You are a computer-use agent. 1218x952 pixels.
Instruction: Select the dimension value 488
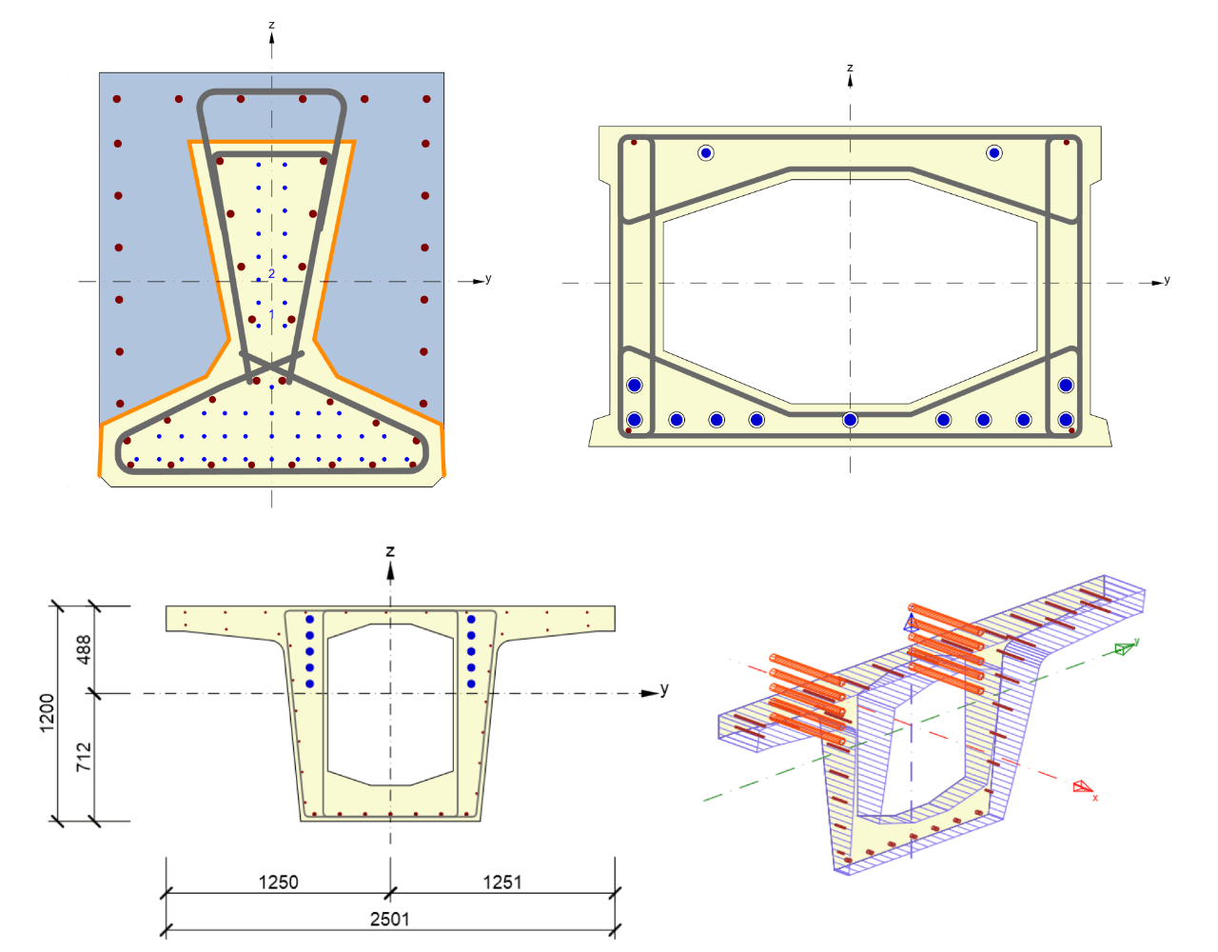point(85,649)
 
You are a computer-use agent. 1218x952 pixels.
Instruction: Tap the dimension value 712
point(85,757)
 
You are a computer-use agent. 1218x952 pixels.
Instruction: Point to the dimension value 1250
point(278,882)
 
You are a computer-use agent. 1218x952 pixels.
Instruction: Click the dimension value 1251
point(501,882)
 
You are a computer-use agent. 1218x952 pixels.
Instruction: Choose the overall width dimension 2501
point(389,918)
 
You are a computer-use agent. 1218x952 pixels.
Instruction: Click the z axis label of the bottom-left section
point(390,551)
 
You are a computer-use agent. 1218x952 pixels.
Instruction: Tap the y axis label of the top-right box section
point(1167,279)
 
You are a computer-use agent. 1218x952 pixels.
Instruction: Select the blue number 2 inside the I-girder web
point(271,273)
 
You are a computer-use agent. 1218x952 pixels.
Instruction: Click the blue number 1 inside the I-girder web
point(271,314)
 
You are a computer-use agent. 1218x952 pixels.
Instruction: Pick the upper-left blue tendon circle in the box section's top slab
point(705,152)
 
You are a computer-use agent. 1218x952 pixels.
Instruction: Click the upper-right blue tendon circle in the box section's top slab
point(994,152)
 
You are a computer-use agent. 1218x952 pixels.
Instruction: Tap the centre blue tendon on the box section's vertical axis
point(850,420)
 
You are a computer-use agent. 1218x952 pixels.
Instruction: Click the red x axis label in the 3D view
point(1095,798)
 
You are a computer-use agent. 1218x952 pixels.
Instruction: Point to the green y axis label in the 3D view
point(1136,642)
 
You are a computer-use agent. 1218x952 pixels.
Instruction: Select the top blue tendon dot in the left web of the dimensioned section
point(309,620)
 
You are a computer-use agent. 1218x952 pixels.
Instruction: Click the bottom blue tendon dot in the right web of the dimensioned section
point(471,684)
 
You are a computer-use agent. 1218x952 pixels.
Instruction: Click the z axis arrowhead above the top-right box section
point(850,81)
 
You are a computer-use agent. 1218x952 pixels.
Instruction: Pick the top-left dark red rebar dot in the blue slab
point(117,99)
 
